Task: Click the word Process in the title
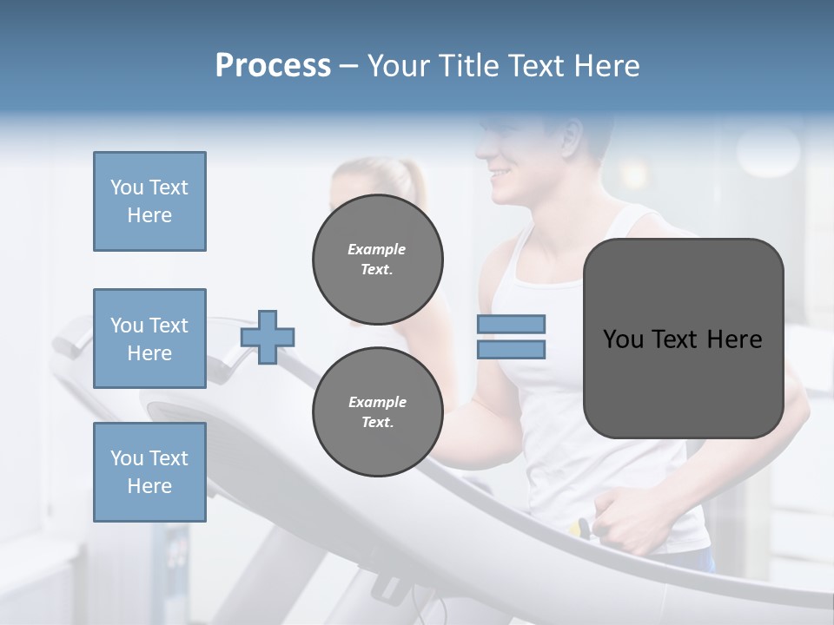[273, 66]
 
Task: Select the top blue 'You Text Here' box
[149, 201]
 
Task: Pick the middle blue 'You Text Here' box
[149, 339]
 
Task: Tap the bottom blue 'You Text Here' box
[149, 472]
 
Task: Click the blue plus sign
[268, 337]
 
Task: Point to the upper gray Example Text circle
[378, 260]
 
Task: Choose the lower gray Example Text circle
[378, 412]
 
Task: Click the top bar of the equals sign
[511, 324]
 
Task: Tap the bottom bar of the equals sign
[511, 349]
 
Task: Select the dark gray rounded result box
[683, 339]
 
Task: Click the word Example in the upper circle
[377, 249]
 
